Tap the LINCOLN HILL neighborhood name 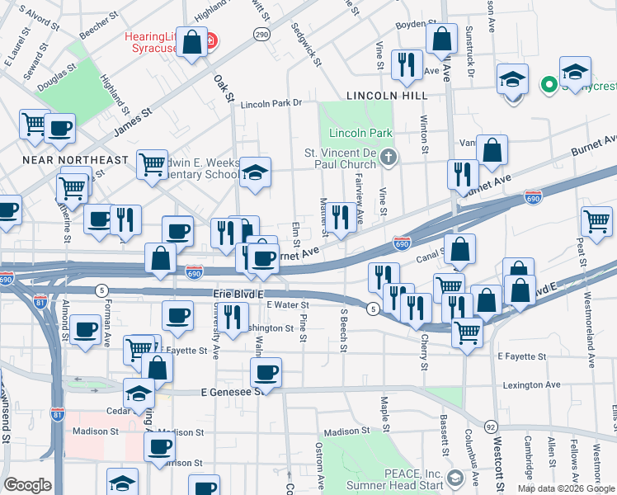pos(387,96)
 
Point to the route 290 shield pos(261,34)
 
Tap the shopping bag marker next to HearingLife pos(192,43)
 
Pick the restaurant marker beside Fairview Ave pos(339,218)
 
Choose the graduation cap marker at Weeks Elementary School pos(256,172)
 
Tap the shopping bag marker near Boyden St pos(442,38)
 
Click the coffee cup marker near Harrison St pos(160,446)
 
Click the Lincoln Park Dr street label pos(271,104)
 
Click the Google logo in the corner pos(27,485)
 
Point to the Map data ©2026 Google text pos(566,488)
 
